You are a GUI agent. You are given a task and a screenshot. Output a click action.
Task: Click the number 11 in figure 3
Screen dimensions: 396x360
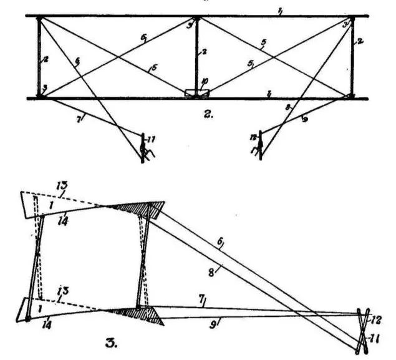377,339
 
